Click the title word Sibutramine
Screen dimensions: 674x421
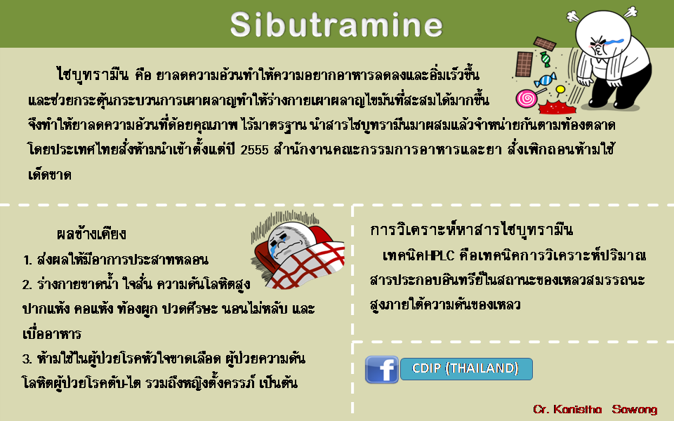(x=336, y=25)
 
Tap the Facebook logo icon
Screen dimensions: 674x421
(x=382, y=370)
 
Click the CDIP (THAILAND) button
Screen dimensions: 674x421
(x=466, y=369)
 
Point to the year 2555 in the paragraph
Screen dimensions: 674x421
(x=254, y=150)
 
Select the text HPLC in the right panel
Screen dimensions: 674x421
(x=440, y=255)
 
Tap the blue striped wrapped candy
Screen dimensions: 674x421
(x=545, y=80)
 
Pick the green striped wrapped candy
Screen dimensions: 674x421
(x=546, y=59)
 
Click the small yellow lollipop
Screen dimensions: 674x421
(x=560, y=91)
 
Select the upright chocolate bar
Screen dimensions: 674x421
(x=524, y=64)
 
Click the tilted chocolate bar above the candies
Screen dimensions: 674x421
(x=545, y=44)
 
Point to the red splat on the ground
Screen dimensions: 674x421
(x=557, y=107)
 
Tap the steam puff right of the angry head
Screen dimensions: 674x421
(x=630, y=12)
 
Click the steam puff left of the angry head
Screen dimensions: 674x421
(x=573, y=16)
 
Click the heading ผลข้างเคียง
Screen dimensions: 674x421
(x=91, y=234)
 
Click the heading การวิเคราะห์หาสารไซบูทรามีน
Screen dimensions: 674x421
(x=471, y=230)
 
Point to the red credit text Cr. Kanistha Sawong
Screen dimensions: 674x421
(x=595, y=409)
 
